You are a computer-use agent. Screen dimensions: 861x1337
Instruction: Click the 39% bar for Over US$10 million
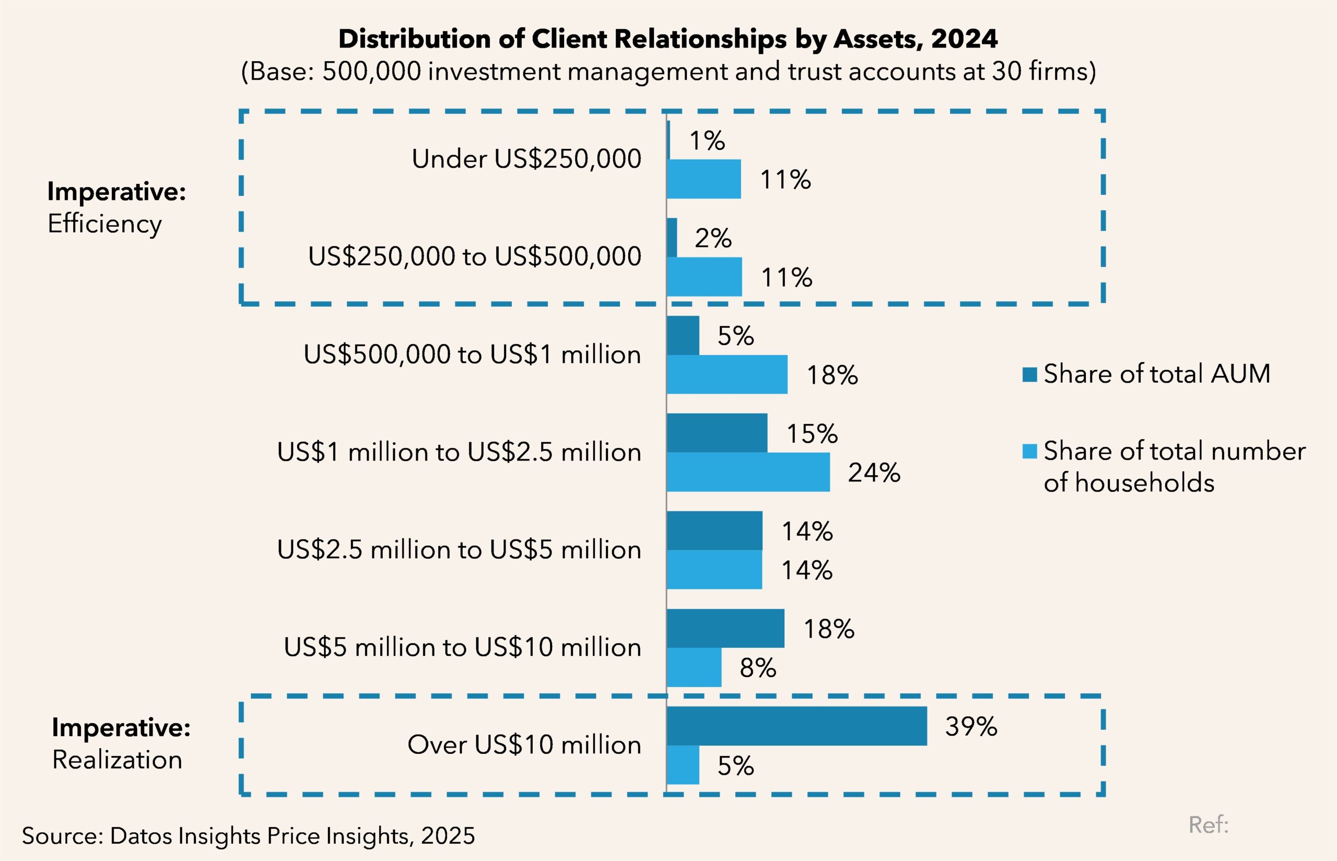pos(796,726)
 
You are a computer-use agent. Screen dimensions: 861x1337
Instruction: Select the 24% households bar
pos(748,472)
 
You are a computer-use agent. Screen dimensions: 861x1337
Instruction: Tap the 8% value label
pos(758,668)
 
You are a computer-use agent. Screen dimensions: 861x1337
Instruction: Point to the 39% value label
pos(971,726)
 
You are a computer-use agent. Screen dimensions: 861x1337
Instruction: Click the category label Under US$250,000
pos(526,159)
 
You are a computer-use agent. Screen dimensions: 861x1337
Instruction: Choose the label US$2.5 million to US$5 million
pos(459,550)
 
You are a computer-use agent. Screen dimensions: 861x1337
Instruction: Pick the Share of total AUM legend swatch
pos(1029,374)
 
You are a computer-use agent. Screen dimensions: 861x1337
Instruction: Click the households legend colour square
pos(1029,451)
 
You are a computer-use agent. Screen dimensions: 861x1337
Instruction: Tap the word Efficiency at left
pos(104,223)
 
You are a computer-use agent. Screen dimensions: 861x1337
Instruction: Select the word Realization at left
pos(118,760)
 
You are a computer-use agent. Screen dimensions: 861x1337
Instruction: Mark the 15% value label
pos(812,433)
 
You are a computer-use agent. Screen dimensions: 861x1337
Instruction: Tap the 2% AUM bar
pos(672,238)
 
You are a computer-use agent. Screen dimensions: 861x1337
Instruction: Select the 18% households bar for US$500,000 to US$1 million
pos(727,374)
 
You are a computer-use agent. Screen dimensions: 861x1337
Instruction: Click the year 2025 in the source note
pos(448,836)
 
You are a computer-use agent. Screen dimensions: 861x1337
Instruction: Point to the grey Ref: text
pos(1209,824)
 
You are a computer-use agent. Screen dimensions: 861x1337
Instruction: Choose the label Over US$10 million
pos(524,745)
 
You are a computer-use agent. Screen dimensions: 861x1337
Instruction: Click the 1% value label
pos(707,140)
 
